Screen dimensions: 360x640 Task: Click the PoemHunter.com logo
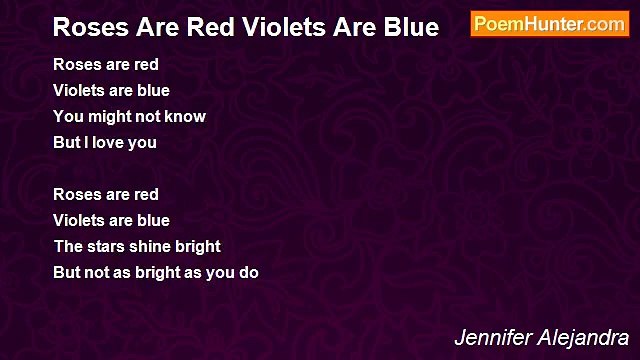(549, 24)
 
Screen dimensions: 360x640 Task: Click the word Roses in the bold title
(87, 27)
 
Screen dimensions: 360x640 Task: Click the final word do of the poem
(249, 272)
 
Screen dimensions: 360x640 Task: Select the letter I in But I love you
(84, 142)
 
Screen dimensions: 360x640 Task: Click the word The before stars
(68, 246)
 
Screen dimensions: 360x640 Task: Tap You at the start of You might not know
(68, 116)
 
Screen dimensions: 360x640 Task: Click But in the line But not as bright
(66, 272)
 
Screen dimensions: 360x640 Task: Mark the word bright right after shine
(200, 246)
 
